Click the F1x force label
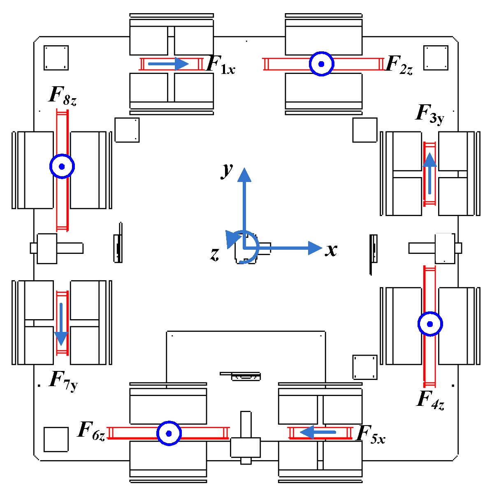click(x=220, y=65)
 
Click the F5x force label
click(x=370, y=435)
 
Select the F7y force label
click(x=63, y=381)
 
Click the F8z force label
click(x=63, y=96)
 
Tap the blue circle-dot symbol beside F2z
click(x=321, y=64)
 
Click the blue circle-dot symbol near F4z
click(x=430, y=324)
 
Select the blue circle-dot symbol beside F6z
click(x=169, y=433)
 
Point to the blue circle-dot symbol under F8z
click(x=62, y=166)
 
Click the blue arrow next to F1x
click(x=168, y=64)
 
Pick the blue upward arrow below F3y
click(x=430, y=173)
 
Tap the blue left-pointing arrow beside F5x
click(x=318, y=432)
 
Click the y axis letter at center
click(x=227, y=169)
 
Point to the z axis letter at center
click(x=215, y=254)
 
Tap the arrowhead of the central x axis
click(x=315, y=248)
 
